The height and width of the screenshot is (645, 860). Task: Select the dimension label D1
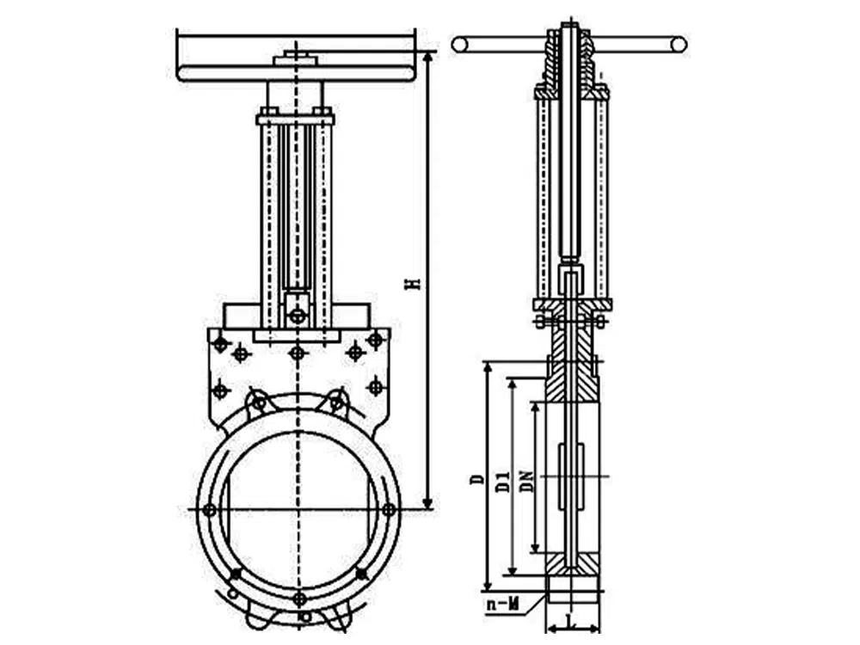pos(501,478)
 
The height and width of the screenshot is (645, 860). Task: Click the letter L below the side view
pos(572,620)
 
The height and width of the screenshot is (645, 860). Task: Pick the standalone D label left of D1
pos(476,478)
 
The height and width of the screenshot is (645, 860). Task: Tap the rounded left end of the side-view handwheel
pos(459,44)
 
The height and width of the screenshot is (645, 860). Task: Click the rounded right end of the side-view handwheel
pos(679,44)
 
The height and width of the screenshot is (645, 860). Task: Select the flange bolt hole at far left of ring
pos(209,510)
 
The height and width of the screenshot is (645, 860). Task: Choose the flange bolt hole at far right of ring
pos(389,510)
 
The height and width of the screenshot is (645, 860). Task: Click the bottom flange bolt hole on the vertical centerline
pos(298,599)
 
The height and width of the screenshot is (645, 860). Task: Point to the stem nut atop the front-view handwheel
pos(296,60)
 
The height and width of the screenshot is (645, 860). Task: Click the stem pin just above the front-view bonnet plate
pos(297,316)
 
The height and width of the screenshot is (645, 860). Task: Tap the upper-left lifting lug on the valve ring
pos(257,402)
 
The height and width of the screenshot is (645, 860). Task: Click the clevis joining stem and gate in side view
pos(570,279)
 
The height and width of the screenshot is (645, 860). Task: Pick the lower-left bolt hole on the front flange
pos(236,573)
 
